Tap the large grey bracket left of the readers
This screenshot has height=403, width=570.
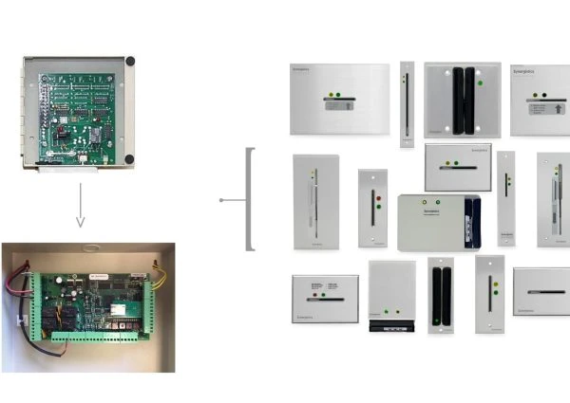coord(249,199)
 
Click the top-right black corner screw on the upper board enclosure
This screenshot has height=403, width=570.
coord(129,62)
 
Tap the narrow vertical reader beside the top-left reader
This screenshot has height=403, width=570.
coord(407,104)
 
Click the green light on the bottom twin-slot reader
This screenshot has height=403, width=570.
coord(436,320)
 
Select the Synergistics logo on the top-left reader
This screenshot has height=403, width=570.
coord(304,70)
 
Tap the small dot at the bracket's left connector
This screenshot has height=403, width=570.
coord(220,200)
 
